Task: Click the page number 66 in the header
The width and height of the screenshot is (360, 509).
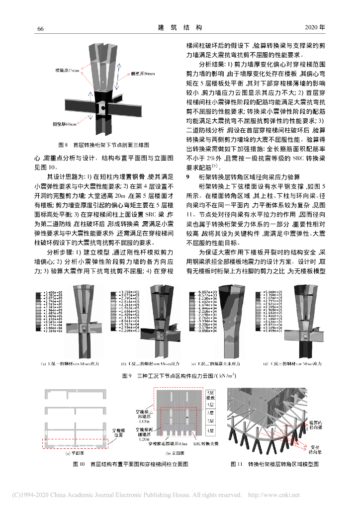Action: tap(40, 28)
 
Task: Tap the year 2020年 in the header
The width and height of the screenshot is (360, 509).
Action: tap(314, 27)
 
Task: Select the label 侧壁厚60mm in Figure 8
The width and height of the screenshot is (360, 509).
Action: tap(65, 123)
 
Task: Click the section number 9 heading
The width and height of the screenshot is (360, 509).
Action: tap(187, 176)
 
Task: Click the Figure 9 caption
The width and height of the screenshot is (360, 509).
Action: tap(180, 376)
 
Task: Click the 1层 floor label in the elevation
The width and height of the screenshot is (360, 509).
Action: tap(210, 428)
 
